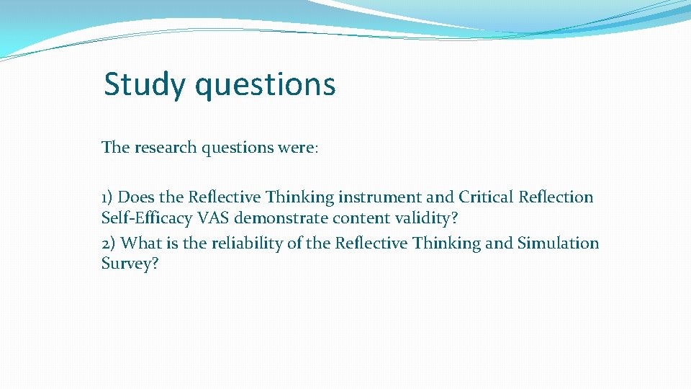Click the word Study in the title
tap(145, 85)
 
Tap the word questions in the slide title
tap(265, 85)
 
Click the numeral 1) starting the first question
tap(108, 197)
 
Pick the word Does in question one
tap(136, 197)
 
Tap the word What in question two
tap(141, 243)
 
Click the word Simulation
tap(558, 243)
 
